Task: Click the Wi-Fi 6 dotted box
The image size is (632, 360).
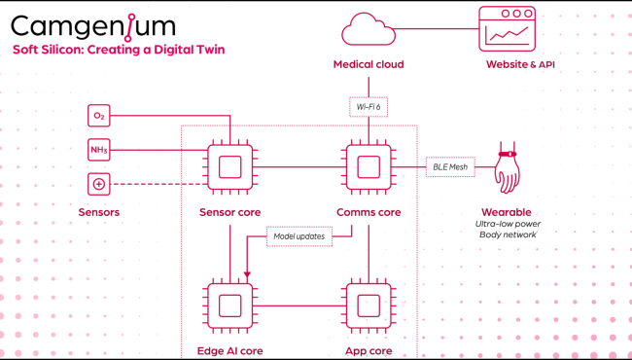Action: click(368, 105)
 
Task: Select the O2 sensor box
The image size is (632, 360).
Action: click(99, 117)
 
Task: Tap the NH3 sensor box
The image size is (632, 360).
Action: click(99, 150)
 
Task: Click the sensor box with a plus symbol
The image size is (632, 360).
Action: click(99, 183)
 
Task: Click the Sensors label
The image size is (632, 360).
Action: click(100, 212)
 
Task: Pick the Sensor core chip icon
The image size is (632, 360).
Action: click(229, 166)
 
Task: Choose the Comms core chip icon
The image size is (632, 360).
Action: click(369, 166)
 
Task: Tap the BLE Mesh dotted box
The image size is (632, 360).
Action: click(449, 166)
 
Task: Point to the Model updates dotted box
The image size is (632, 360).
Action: click(298, 235)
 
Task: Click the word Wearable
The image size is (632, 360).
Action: click(506, 212)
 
